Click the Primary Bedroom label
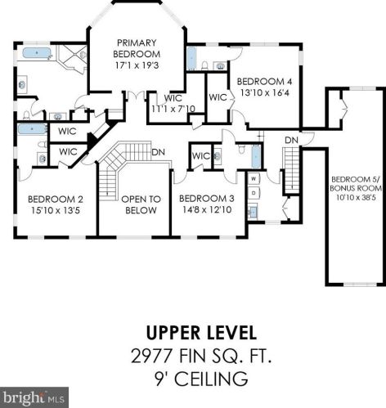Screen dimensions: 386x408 (137, 48)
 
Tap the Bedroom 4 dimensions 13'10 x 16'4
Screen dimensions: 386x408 (264, 92)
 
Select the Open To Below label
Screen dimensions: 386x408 (141, 204)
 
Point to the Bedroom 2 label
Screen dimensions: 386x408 (56, 200)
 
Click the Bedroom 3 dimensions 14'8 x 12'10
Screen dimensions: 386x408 (207, 209)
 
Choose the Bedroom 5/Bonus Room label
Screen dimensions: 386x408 (356, 184)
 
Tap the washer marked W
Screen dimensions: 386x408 (254, 179)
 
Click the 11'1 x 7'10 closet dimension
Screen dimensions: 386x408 (173, 109)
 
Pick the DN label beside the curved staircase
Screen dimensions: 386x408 (158, 152)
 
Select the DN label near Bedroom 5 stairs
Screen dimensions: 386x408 (291, 141)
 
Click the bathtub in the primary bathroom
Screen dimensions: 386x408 (37, 53)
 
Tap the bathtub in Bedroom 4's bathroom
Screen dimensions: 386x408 (192, 58)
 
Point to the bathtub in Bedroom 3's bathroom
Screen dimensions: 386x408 (256, 156)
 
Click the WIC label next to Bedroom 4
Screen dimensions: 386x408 (218, 97)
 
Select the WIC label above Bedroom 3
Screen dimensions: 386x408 (201, 156)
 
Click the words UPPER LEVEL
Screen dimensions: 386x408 (201, 333)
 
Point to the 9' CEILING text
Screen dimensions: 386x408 (201, 379)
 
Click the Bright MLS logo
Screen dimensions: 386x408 (34, 397)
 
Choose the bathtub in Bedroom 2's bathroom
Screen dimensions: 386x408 (32, 128)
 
